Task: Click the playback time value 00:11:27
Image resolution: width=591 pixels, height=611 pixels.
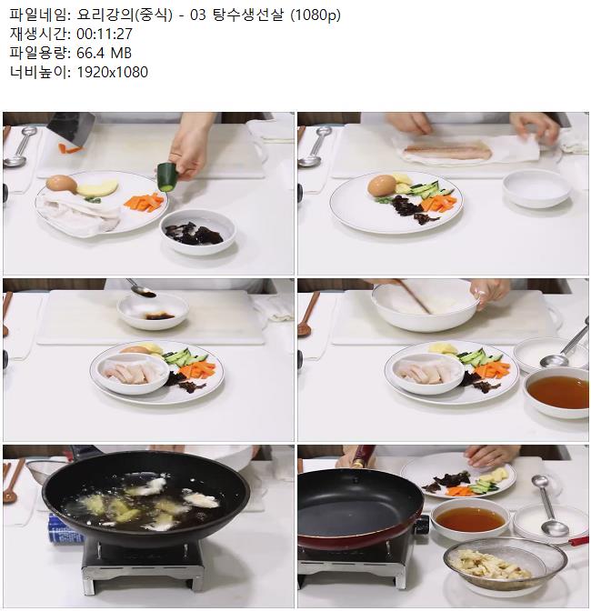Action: coord(105,34)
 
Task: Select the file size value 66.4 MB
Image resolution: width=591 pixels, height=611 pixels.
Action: coord(104,53)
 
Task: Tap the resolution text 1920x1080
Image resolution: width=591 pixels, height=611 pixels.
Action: coord(112,72)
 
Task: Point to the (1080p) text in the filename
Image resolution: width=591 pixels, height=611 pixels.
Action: coord(316,15)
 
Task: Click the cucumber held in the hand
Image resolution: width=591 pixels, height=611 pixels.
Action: coord(167,176)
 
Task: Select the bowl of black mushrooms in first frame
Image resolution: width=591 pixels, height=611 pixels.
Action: coord(198,231)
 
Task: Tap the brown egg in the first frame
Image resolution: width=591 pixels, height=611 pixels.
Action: coord(62,184)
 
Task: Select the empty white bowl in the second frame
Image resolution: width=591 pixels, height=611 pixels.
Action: coord(536,189)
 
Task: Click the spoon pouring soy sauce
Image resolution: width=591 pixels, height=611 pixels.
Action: coord(141,288)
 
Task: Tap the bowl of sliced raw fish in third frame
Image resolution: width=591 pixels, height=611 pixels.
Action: coord(133,374)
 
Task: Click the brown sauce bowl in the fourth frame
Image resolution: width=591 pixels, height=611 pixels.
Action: coord(557,392)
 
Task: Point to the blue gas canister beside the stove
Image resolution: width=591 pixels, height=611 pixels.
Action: coord(65,529)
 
